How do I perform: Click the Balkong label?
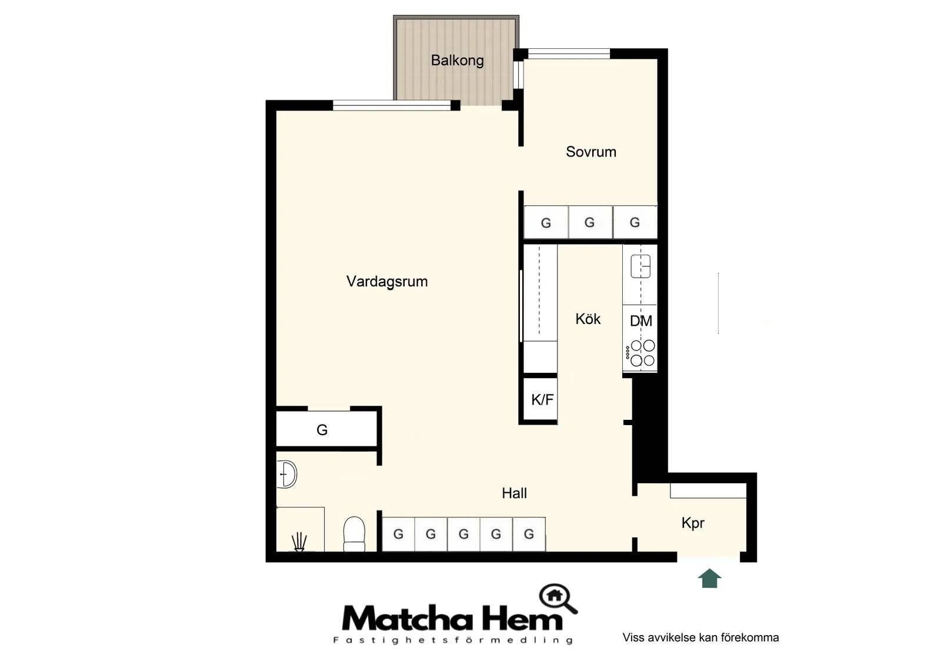click(457, 61)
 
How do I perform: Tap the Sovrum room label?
click(590, 152)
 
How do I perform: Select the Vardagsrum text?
click(387, 282)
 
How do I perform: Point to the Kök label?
click(588, 319)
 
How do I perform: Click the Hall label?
click(514, 493)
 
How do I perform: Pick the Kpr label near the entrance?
click(693, 523)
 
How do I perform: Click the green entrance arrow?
click(709, 578)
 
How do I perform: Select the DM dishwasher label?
click(640, 321)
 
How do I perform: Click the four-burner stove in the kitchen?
click(640, 353)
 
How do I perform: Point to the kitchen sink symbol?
click(640, 266)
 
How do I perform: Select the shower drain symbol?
click(299, 542)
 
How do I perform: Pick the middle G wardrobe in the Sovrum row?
click(590, 222)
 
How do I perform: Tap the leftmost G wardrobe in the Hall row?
click(398, 534)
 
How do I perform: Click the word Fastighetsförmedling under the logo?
click(453, 640)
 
